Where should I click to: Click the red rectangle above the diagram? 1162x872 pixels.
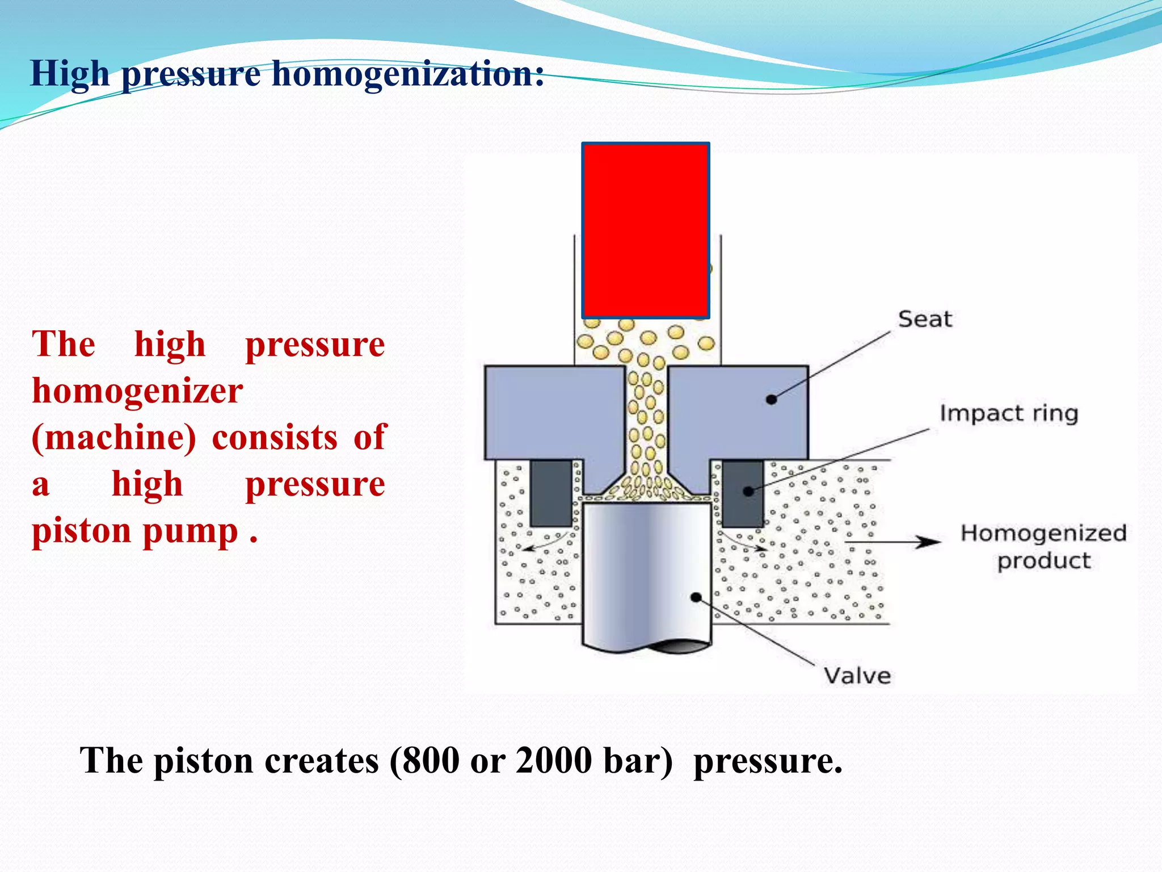(646, 230)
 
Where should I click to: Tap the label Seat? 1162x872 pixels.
(924, 319)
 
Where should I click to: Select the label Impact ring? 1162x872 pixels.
(1008, 413)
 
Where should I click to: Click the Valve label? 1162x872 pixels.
(857, 676)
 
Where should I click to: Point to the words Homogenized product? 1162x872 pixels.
(1043, 547)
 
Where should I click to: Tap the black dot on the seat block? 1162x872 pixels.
(771, 400)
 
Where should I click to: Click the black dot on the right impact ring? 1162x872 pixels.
(748, 491)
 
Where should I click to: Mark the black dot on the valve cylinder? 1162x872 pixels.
(696, 597)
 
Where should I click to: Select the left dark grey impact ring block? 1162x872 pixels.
(551, 493)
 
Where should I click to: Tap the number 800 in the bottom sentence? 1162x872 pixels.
(431, 761)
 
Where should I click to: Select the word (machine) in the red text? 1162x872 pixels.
(114, 438)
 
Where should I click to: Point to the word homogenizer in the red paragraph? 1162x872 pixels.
(137, 391)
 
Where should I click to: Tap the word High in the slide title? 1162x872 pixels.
(70, 74)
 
